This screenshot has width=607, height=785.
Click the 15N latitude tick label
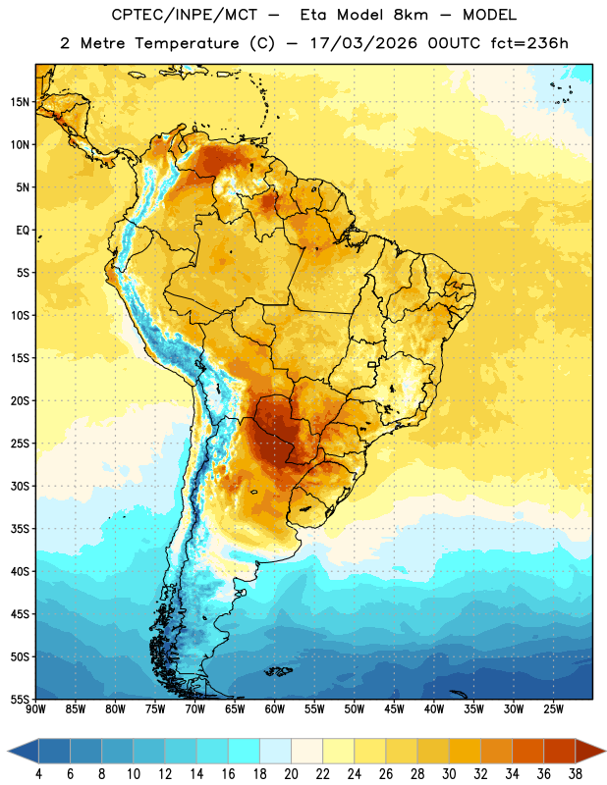click(20, 102)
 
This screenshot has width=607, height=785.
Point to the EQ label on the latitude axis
click(23, 231)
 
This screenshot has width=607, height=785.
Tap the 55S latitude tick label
click(20, 700)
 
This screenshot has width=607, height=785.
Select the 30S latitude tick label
click(20, 486)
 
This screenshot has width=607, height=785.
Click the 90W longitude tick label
click(35, 709)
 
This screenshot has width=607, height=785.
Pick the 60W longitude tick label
click(275, 709)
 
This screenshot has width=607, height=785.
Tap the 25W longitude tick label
click(553, 709)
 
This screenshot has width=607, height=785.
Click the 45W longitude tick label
click(394, 709)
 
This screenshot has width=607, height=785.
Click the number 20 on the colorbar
click(291, 774)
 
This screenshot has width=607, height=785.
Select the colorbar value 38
click(576, 774)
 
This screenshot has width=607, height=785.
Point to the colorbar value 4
click(38, 774)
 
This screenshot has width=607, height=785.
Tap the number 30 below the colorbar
click(449, 774)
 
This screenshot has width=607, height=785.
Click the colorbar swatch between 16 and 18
click(245, 751)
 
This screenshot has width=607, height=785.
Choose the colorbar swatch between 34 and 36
click(527, 751)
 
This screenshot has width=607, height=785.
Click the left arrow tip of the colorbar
click(8, 751)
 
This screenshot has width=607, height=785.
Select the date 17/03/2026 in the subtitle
click(363, 43)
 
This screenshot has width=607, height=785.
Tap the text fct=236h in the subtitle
click(529, 43)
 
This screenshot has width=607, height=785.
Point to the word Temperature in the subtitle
click(187, 43)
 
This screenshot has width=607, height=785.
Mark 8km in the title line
click(411, 15)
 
